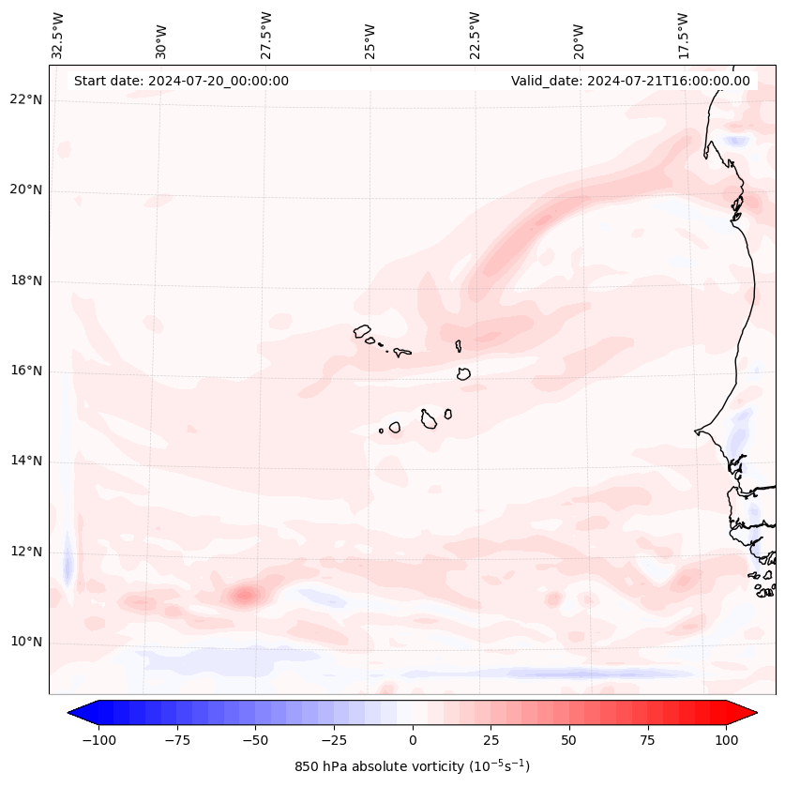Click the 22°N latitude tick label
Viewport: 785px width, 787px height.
(26, 99)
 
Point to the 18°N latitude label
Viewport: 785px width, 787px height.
(26, 280)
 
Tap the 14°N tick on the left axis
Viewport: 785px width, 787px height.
(26, 461)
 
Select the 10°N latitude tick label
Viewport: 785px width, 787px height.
(26, 642)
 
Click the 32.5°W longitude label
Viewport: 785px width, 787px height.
(58, 35)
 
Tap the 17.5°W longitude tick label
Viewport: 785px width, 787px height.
(683, 35)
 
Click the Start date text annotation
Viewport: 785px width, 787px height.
(181, 81)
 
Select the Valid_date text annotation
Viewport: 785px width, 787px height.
(630, 81)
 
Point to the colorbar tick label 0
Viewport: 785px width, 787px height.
(412, 740)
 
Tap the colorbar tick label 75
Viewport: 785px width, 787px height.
(648, 740)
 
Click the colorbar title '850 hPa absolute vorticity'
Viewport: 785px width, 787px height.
(412, 766)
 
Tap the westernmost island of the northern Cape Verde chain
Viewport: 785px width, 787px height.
(362, 331)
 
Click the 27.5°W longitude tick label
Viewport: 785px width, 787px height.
(266, 35)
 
